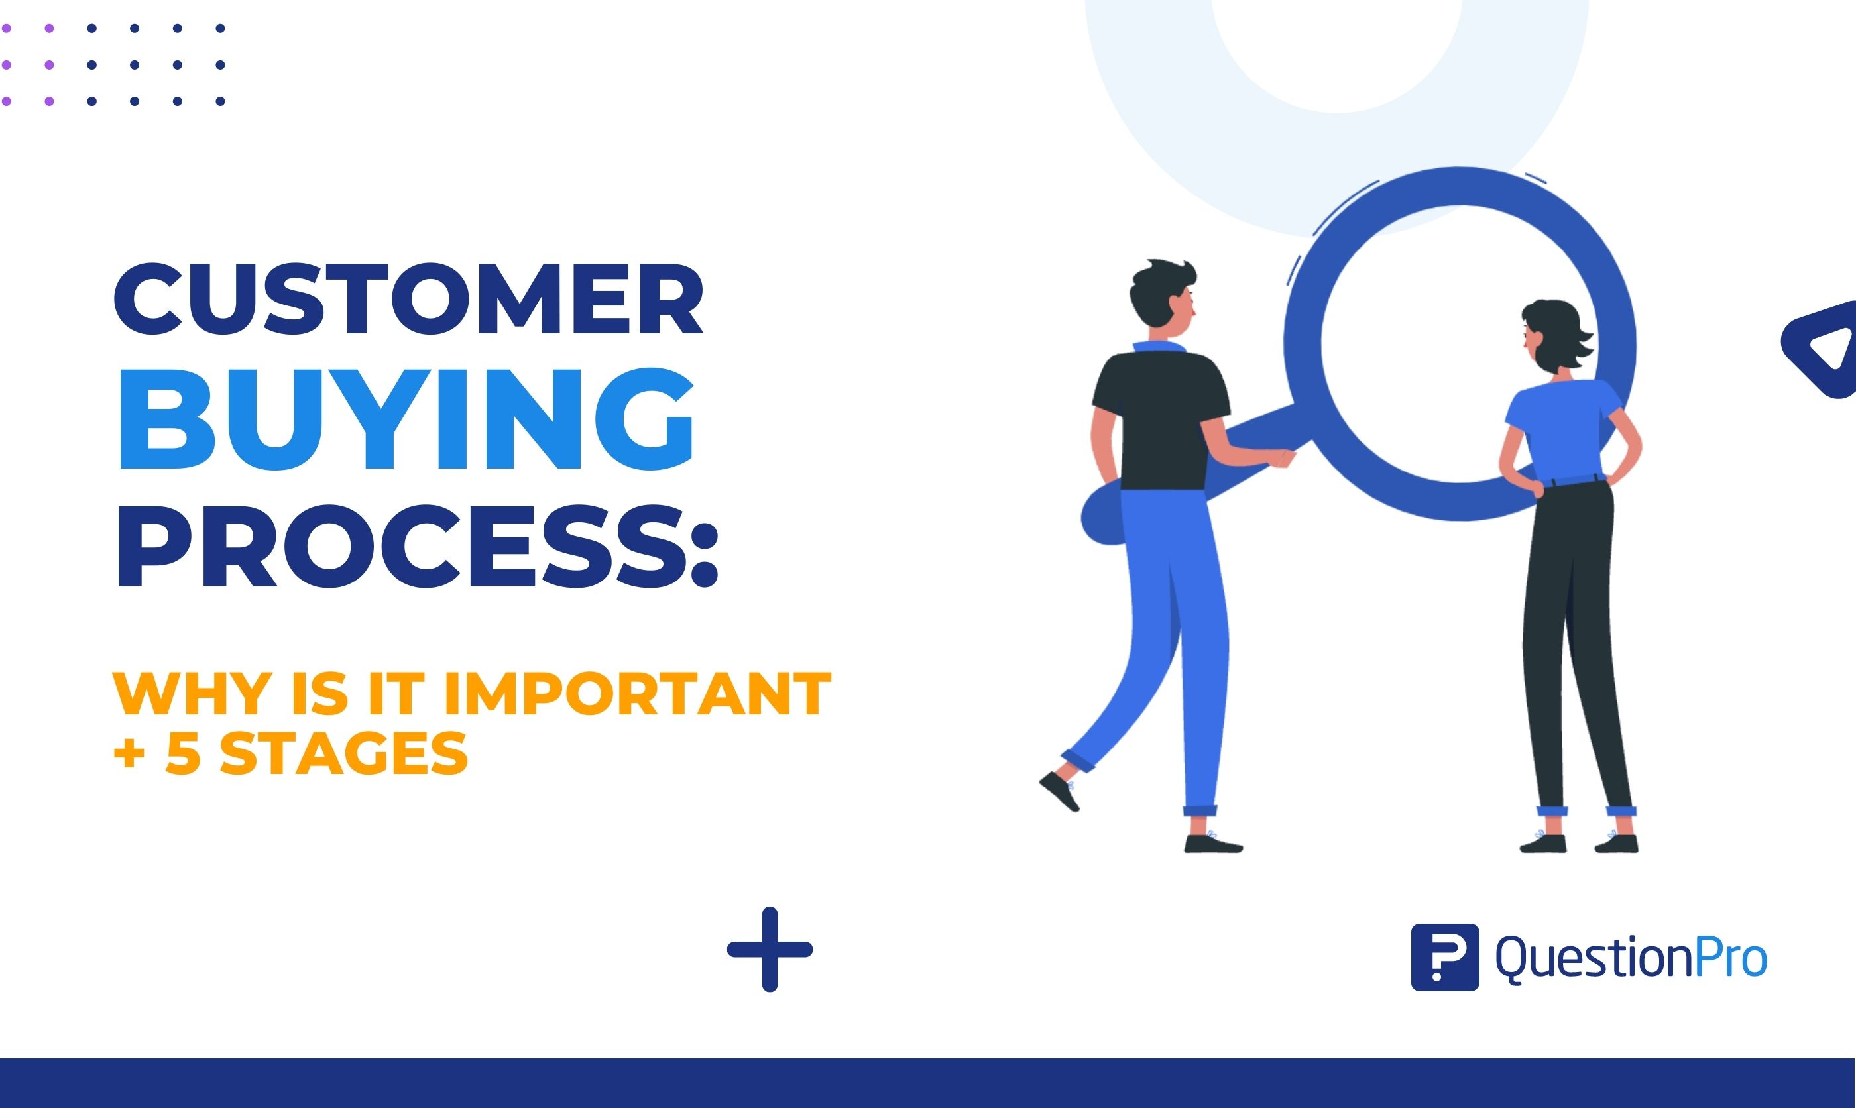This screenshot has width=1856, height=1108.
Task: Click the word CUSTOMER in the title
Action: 408,300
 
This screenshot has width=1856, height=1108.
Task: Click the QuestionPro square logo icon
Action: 1444,957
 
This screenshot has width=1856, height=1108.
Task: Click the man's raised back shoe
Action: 1060,791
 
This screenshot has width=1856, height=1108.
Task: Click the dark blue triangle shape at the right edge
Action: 1822,349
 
